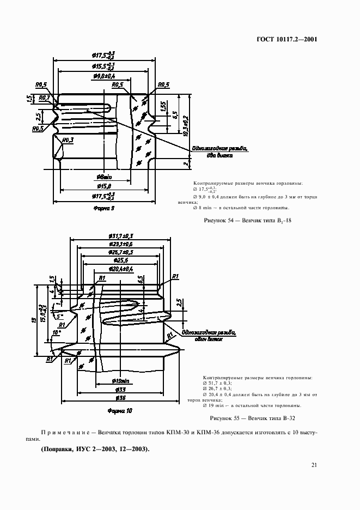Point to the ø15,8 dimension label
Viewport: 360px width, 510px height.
click(x=103, y=186)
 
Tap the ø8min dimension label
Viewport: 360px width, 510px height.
click(x=103, y=177)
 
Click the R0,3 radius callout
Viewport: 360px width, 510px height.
click(x=68, y=141)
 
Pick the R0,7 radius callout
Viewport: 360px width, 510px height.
click(x=45, y=98)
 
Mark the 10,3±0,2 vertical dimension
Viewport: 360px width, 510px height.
click(x=186, y=126)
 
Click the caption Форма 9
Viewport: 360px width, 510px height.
click(x=103, y=208)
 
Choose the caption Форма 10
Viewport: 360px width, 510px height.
click(x=119, y=410)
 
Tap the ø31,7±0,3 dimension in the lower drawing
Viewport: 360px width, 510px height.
click(x=121, y=235)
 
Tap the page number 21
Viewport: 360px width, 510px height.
click(x=314, y=465)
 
